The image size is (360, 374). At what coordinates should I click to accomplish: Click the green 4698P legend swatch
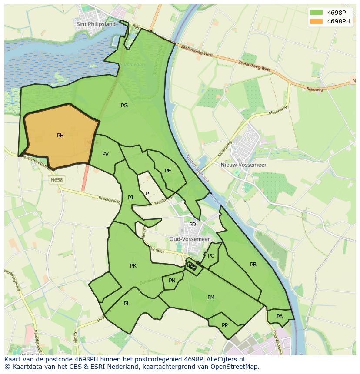coord(316,12)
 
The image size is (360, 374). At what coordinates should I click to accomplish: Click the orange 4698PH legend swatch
coord(316,21)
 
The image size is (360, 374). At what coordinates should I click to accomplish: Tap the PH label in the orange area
coord(60,136)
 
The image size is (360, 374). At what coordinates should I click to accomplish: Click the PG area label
coord(124,105)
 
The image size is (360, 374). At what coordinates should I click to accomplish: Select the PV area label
coord(105,154)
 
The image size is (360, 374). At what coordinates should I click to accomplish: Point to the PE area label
coord(168,171)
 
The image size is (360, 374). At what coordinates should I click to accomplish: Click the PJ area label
coord(130,198)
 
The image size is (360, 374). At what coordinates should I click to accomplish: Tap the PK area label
coord(133,265)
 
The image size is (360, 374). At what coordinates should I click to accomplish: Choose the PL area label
coord(127,304)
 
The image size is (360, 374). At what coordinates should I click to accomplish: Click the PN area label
coord(172,281)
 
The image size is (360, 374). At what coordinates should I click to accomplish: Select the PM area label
coord(211,298)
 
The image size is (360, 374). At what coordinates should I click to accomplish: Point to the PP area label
coord(225,325)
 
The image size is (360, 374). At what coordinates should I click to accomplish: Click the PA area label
coord(280,317)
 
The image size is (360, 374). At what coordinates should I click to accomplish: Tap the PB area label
coord(253,265)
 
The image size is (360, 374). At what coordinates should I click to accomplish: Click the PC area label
coord(211,256)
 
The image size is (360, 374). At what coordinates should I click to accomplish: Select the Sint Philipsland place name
coord(96,24)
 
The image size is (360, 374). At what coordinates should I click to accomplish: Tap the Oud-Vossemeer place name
coord(190,239)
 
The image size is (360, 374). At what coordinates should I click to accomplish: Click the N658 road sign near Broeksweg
coord(57,180)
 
